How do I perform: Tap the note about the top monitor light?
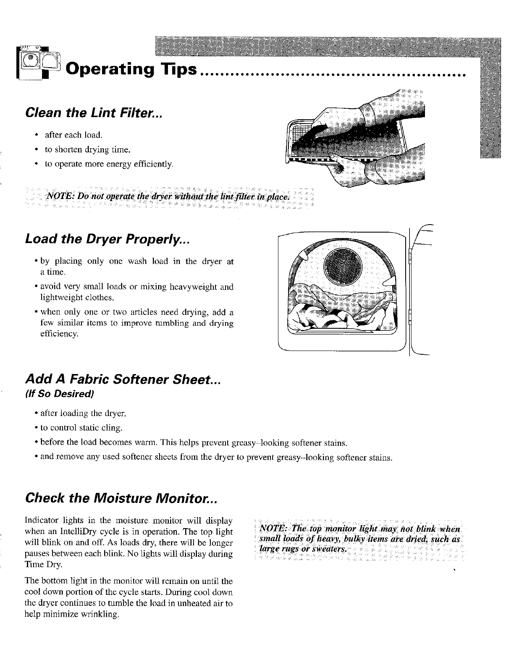click(x=360, y=538)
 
